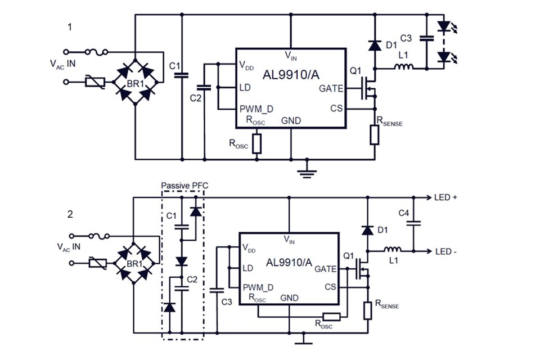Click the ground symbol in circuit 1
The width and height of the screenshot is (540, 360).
(x=306, y=171)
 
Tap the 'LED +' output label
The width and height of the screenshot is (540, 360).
(x=446, y=197)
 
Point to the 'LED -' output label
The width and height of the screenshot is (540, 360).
(x=445, y=251)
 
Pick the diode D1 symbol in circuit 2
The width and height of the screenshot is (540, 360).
(x=367, y=229)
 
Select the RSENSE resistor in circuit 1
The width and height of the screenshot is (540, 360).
(x=375, y=135)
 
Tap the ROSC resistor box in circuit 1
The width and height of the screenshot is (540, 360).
(x=257, y=143)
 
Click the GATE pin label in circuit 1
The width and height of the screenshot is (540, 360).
(x=330, y=88)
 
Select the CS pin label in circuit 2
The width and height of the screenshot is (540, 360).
(x=331, y=287)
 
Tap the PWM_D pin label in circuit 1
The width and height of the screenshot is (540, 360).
(x=255, y=109)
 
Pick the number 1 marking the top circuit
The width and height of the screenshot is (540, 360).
(x=70, y=28)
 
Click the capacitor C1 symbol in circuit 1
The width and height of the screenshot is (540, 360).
(x=182, y=76)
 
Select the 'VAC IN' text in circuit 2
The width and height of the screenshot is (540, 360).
(x=69, y=246)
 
